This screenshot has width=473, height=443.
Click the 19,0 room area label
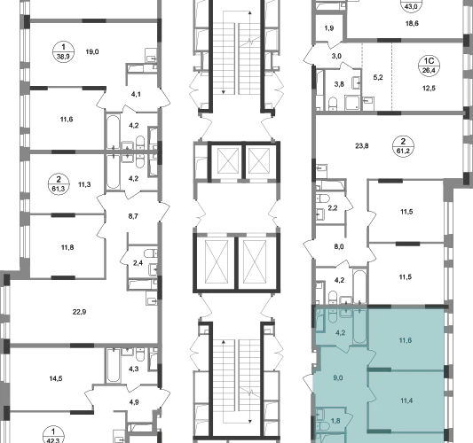click(92, 51)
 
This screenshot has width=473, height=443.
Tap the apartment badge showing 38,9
click(63, 51)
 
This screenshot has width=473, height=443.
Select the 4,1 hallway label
click(136, 94)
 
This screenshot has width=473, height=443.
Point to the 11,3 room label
click(84, 184)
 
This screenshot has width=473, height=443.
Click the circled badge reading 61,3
click(59, 184)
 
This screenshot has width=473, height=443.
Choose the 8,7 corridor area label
click(133, 216)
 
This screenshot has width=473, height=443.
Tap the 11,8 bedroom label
click(67, 247)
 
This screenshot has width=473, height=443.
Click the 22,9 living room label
click(79, 312)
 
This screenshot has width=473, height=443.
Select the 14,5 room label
click(56, 378)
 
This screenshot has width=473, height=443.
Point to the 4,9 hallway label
click(134, 402)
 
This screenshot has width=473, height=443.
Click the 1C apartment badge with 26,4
click(429, 66)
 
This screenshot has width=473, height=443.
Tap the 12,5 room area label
click(429, 89)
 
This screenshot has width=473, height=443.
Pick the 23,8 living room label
click(362, 146)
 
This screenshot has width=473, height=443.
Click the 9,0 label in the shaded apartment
click(338, 378)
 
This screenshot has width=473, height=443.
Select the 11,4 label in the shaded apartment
click(406, 400)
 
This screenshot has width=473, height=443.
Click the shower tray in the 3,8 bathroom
click(351, 103)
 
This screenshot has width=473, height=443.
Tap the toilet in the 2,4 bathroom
click(150, 253)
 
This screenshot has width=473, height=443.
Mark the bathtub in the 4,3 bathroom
click(114, 365)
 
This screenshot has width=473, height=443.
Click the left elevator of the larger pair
click(216, 261)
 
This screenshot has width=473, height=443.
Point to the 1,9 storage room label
click(329, 28)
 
